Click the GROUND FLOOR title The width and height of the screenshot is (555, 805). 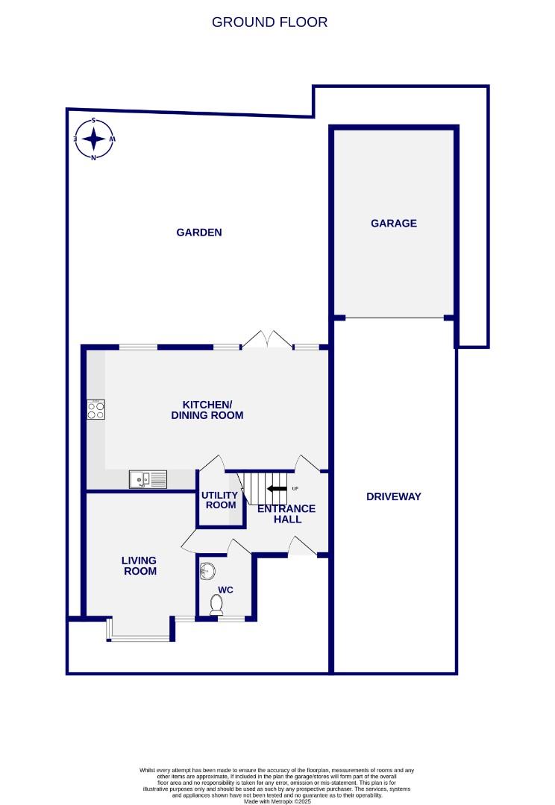pos(269,22)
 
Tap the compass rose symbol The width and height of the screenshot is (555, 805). pos(94,139)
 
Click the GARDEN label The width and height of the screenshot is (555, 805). pos(199,233)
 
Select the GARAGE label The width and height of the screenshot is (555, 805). pos(394,223)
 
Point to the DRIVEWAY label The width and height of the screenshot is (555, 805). pos(394,496)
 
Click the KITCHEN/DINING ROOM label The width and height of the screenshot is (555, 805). pos(207,409)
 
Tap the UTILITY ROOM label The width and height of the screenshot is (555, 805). pos(220,500)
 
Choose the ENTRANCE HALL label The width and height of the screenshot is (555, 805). pos(286,514)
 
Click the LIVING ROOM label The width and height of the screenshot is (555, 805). pos(139,566)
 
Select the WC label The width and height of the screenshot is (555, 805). pos(225,590)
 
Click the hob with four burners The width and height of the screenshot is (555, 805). pos(95,409)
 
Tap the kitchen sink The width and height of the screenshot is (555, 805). pos(147,479)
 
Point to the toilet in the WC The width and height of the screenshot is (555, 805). pos(216,607)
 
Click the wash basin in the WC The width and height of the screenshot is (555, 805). pos(208,572)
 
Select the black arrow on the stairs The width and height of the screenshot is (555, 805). pos(277,489)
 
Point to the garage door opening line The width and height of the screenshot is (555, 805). pos(395,318)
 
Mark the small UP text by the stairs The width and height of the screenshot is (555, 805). pos(295,489)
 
